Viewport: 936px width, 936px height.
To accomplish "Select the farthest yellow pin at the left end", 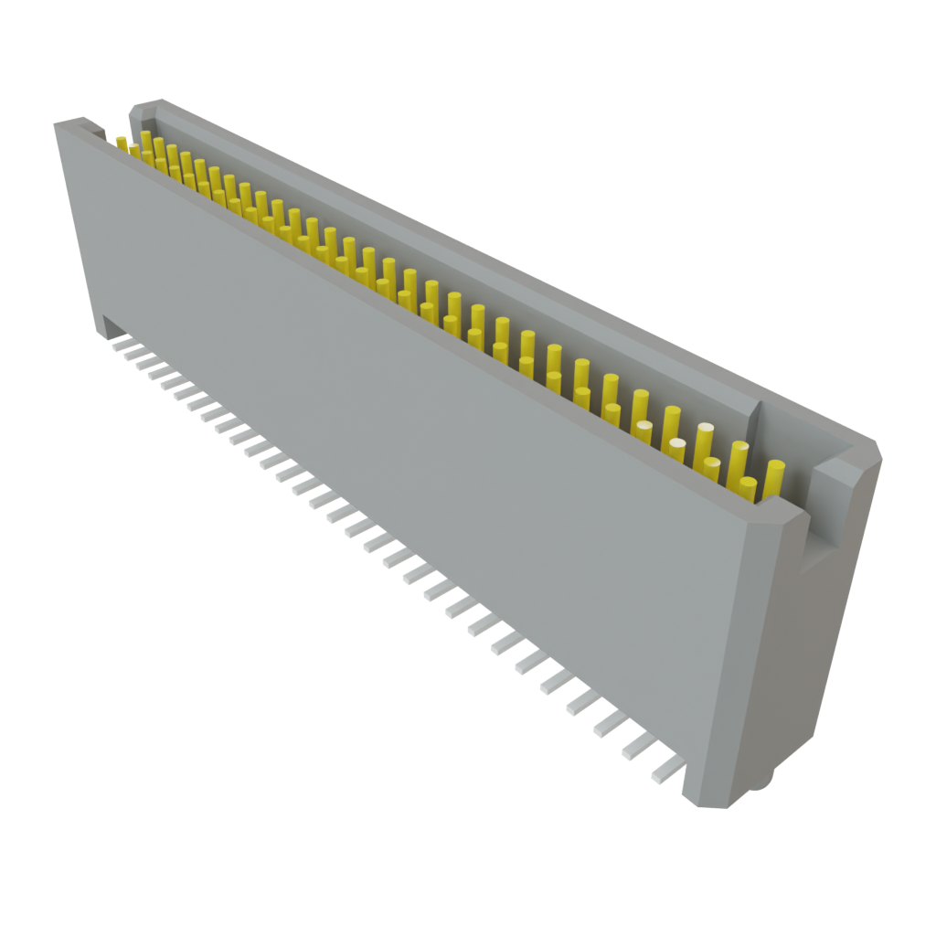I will pos(122,143).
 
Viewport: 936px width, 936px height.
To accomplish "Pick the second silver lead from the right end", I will pos(640,747).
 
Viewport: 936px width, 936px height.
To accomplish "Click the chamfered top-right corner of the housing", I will pos(868,448).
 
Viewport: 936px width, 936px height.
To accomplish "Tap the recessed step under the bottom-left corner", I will pos(108,324).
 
